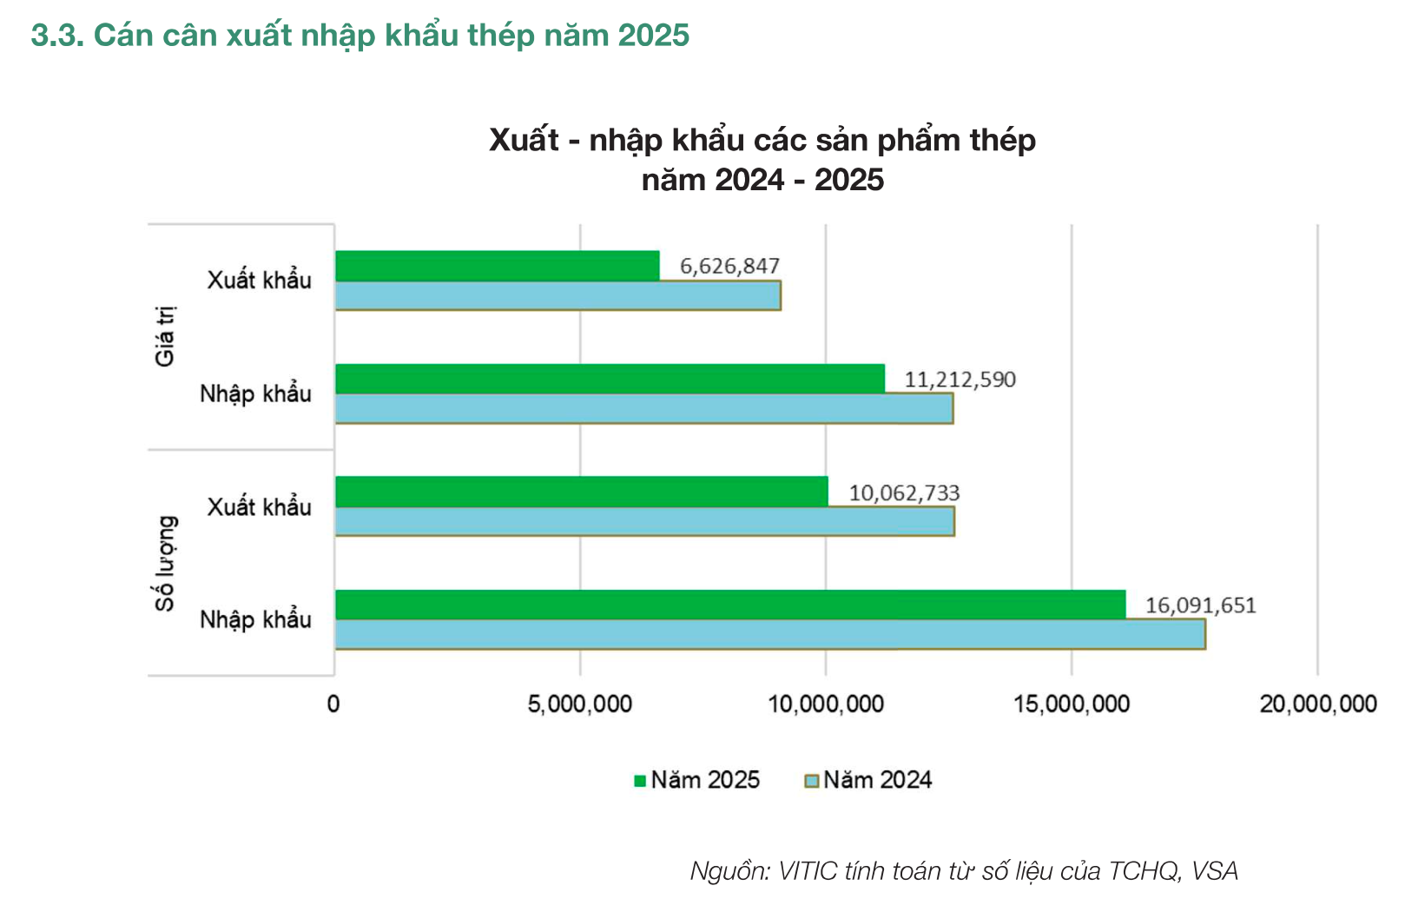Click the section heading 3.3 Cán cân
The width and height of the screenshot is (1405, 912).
click(359, 36)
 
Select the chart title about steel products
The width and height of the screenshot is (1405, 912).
click(762, 160)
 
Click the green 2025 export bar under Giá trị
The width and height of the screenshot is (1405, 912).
click(497, 266)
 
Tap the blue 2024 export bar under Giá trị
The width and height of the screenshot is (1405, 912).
click(557, 296)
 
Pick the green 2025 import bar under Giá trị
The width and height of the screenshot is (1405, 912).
click(610, 379)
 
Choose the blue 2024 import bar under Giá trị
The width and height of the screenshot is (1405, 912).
click(643, 409)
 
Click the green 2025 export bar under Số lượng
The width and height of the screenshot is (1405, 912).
click(581, 492)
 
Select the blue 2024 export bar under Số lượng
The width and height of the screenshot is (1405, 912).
click(644, 522)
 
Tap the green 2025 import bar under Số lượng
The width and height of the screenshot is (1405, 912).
click(729, 605)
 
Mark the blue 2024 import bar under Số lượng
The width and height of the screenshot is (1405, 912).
click(769, 635)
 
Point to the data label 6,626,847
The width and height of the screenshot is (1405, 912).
click(729, 266)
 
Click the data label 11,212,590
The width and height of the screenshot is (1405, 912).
click(960, 380)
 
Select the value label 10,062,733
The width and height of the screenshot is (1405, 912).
click(904, 493)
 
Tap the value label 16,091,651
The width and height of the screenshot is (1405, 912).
click(1200, 605)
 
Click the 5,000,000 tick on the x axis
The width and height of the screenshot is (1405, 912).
click(579, 704)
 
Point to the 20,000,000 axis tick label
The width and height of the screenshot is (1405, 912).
click(1317, 704)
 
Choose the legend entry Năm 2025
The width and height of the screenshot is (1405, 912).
click(696, 780)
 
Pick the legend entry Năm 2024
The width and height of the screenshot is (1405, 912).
click(868, 780)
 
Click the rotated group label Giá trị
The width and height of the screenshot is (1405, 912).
click(165, 336)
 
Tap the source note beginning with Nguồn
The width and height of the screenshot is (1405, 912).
click(963, 870)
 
